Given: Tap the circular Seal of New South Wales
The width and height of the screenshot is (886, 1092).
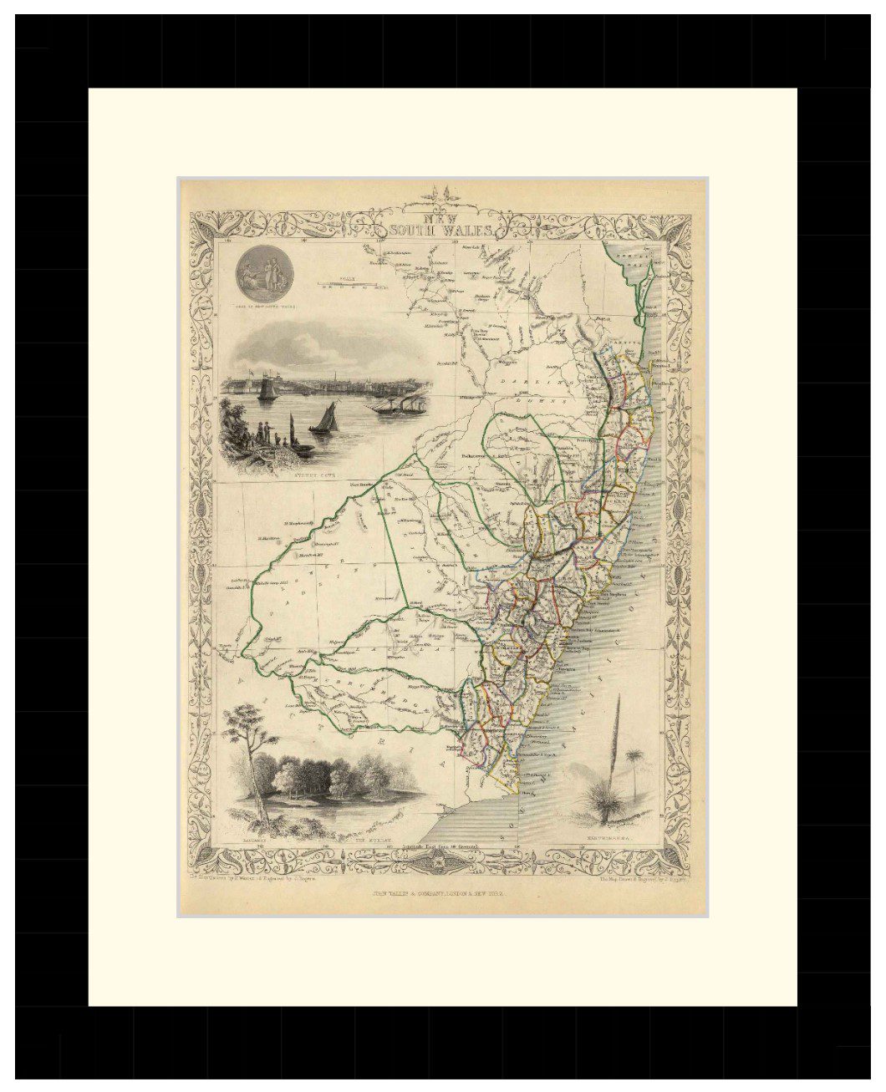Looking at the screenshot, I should click(x=260, y=274).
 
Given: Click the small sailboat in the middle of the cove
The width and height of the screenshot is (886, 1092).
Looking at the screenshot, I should click(x=324, y=418).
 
